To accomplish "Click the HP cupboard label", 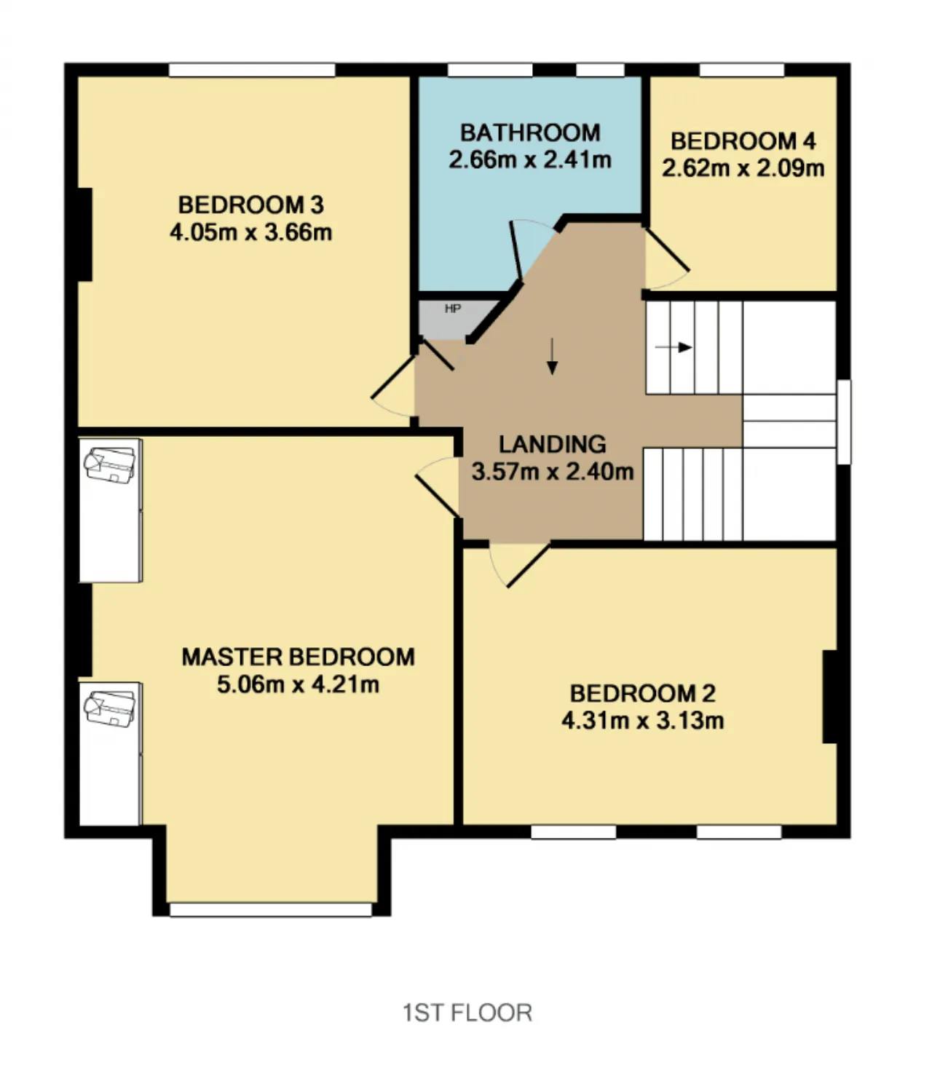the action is click(x=453, y=309).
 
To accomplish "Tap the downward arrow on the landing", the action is click(x=552, y=357).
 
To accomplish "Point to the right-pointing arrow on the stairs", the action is click(x=674, y=347).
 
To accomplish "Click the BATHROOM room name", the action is click(x=530, y=132).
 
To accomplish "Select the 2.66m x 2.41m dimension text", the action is click(x=530, y=159).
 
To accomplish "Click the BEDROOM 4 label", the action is click(x=743, y=141).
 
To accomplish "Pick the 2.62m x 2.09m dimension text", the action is click(x=743, y=168).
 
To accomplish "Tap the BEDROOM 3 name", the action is click(x=251, y=205).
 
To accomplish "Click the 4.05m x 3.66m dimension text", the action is click(x=251, y=232).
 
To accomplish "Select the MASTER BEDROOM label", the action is click(x=298, y=657).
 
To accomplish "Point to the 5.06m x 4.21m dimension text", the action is click(x=298, y=684).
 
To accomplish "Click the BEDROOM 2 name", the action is click(x=642, y=694).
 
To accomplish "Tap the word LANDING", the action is click(x=552, y=444).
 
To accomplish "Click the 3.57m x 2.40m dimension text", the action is click(x=552, y=472).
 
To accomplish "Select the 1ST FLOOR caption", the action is click(x=467, y=1013).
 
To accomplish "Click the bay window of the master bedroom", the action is click(x=271, y=909).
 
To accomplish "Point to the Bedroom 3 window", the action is click(x=252, y=70).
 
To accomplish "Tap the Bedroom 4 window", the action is click(x=742, y=70).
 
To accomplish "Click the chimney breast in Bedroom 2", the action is click(x=830, y=697).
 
